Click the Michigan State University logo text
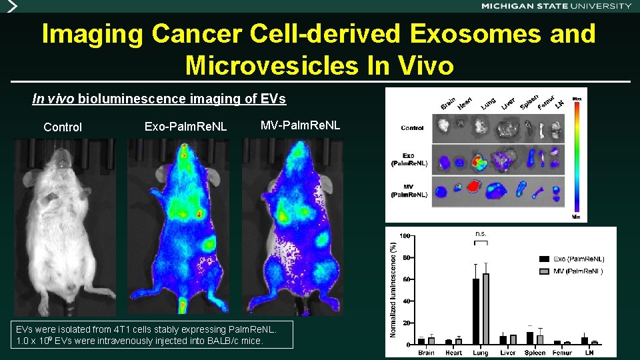click(556, 5)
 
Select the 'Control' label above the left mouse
click(63, 127)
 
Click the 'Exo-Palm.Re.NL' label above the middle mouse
click(185, 127)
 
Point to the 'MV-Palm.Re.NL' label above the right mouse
click(300, 125)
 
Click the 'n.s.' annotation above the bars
click(481, 234)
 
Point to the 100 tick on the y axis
click(405, 236)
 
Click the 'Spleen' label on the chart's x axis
click(535, 353)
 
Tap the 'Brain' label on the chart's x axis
click(426, 353)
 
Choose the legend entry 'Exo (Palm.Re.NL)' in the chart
click(572, 258)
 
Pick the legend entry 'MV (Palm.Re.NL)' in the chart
click(572, 271)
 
